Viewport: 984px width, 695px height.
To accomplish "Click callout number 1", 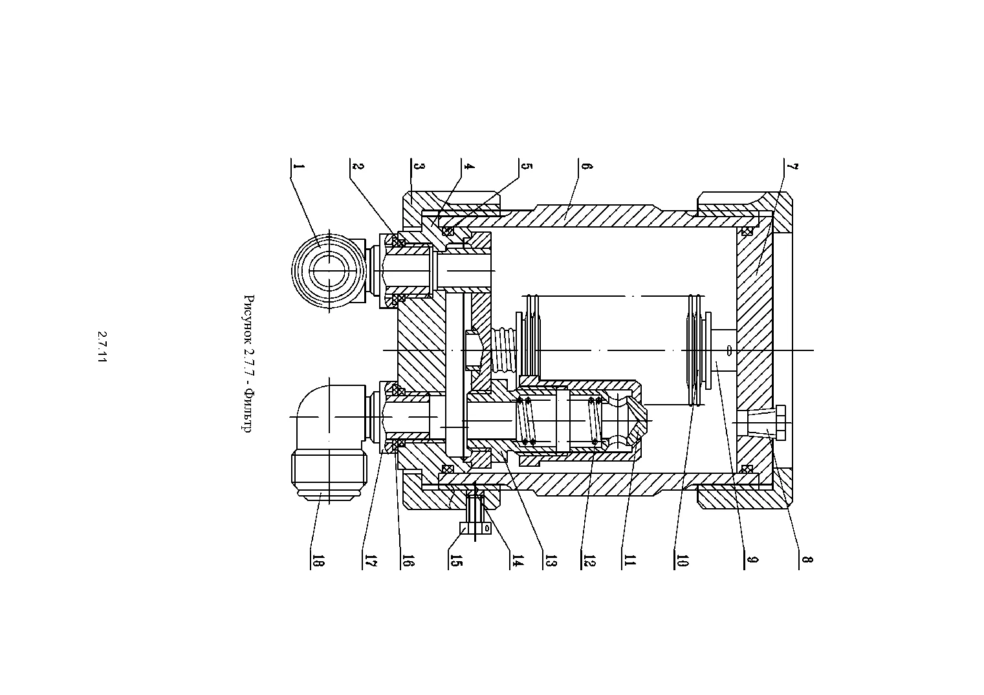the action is coord(299,166).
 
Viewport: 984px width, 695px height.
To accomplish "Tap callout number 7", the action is coord(793,166).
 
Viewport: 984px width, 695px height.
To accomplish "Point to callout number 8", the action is coord(807,560).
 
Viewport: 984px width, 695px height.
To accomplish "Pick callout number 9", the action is coord(753,560).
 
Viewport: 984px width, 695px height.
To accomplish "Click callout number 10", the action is coord(683,561).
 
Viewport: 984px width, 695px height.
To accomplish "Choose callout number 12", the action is coord(589,561).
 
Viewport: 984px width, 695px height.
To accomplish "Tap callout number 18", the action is coord(319,561).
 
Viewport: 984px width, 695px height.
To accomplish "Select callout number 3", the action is coord(419,166).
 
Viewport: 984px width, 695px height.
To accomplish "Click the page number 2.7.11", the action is coord(102,347).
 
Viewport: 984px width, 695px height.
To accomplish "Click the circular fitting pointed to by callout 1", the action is coord(329,271).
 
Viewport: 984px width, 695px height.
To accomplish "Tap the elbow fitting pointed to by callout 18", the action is coord(329,444).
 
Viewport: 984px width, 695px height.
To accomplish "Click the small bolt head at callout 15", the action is coord(476,528).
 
